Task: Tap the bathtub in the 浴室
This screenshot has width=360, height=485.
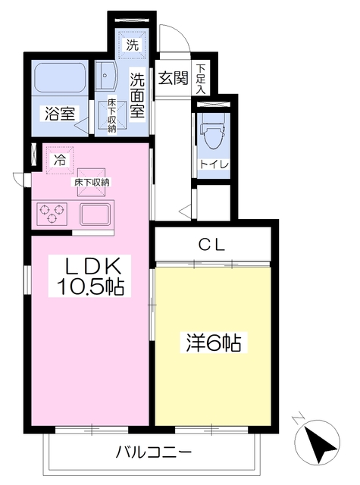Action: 60,77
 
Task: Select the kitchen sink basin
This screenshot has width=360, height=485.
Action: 95,214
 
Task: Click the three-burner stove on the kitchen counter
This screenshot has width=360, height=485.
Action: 52,214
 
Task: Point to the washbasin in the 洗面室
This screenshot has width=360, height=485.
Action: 105,76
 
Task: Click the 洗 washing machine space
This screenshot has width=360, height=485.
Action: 133,45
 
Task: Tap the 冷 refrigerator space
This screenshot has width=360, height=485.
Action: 60,161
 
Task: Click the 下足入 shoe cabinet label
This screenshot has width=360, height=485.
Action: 201,79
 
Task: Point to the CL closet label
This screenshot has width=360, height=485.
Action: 212,246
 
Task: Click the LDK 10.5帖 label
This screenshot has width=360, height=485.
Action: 89,276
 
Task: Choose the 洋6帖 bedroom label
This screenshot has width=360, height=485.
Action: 214,342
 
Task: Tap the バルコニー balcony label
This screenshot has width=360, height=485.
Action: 154,452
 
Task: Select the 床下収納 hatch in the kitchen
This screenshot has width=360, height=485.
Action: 91,182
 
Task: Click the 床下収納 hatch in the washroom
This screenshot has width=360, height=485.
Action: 112,115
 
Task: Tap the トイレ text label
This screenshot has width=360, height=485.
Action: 214,164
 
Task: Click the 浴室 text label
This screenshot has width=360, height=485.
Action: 60,114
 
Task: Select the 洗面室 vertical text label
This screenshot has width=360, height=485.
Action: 137,95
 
